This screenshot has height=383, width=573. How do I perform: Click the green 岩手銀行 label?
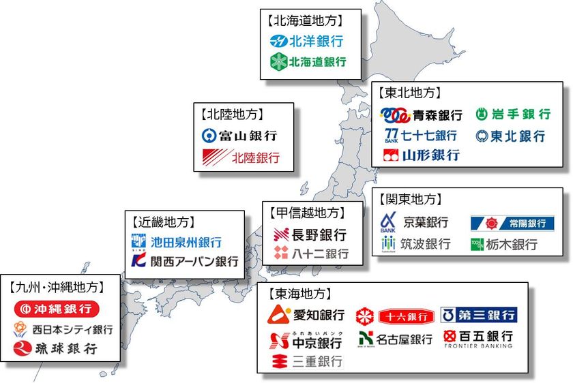click(x=512, y=114)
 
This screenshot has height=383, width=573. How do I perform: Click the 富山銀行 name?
click(x=239, y=135)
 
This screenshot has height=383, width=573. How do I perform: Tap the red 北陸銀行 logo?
click(x=241, y=158)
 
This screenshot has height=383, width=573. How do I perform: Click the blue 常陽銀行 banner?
click(x=512, y=223)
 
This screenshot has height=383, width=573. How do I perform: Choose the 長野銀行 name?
click(x=310, y=235)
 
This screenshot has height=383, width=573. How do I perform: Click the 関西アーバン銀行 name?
click(x=185, y=261)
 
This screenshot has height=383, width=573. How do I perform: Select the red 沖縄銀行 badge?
click(x=57, y=309)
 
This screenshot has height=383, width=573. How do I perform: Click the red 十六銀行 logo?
click(x=395, y=316)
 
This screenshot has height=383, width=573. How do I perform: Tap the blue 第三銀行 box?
click(x=479, y=315)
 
